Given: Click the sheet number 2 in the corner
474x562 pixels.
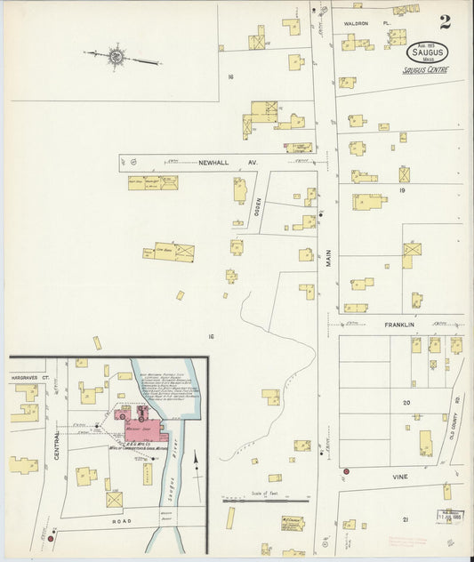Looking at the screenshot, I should [x=444, y=21].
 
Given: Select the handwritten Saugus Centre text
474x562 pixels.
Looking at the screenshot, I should [x=425, y=70].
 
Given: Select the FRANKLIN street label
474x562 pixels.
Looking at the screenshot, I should [x=402, y=325].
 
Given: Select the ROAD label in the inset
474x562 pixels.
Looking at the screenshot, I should [x=121, y=520].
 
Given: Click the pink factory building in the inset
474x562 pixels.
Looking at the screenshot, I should [x=147, y=425].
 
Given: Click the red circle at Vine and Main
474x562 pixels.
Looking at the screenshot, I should [x=346, y=471].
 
